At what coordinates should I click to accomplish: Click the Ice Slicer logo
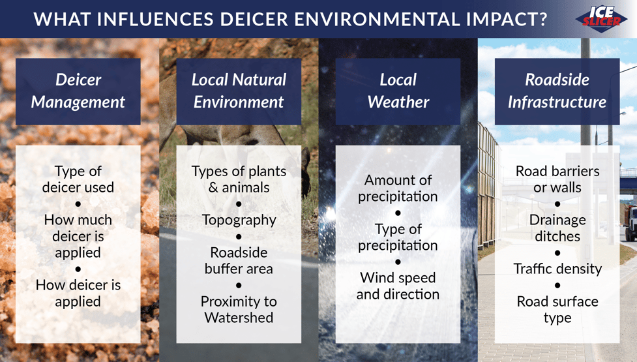(x=601, y=19)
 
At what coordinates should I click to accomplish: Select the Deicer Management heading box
(x=78, y=91)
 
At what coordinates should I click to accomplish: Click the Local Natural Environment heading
(x=239, y=91)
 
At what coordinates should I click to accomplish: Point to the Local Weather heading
(x=398, y=91)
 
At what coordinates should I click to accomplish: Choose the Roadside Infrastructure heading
(x=557, y=91)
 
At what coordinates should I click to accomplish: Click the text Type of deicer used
(x=78, y=179)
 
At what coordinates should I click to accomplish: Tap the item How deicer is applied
(x=78, y=293)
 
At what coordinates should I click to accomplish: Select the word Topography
(x=239, y=220)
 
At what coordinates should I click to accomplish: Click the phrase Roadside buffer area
(x=239, y=260)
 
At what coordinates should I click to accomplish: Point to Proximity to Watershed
(x=239, y=309)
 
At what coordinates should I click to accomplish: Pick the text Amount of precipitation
(x=398, y=188)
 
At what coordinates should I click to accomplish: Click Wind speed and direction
(x=398, y=286)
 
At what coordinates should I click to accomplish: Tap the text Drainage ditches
(x=557, y=228)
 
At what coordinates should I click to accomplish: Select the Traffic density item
(x=557, y=269)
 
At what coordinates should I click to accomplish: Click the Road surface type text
(x=557, y=309)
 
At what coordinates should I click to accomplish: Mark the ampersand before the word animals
(x=213, y=188)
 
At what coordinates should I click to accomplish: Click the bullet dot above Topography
(x=239, y=204)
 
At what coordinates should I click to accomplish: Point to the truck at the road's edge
(x=631, y=222)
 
